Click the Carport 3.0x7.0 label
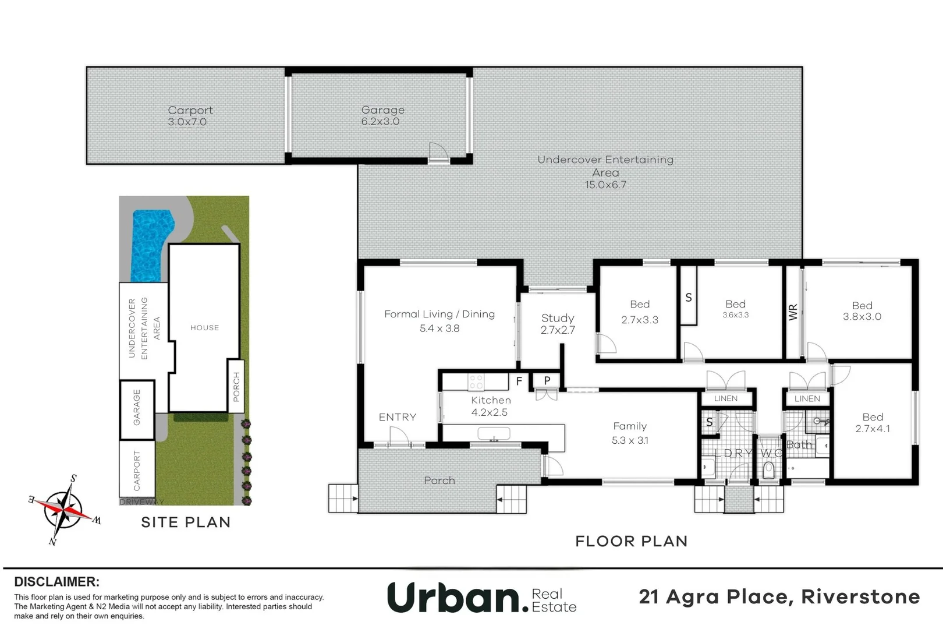[190, 116]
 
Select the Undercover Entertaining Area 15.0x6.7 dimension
[605, 185]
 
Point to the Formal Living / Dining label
[439, 314]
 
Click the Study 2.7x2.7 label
[558, 324]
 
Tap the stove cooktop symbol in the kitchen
[476, 382]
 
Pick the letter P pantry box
[547, 381]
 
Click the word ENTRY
[398, 417]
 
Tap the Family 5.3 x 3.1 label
[630, 433]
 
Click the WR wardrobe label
[793, 312]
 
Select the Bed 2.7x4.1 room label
[873, 423]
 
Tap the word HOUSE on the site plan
[204, 328]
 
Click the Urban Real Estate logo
[482, 598]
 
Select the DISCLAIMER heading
[56, 582]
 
